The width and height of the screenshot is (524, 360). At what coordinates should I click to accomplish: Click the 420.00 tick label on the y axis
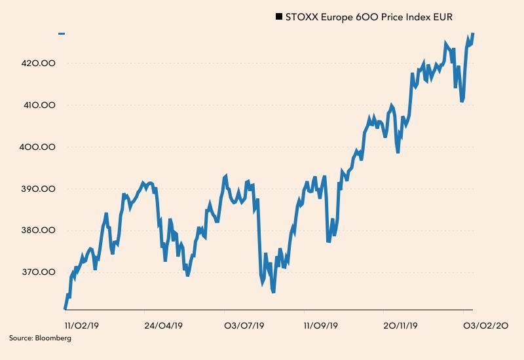[x=38, y=63]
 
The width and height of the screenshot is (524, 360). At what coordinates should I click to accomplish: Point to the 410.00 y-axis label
[x=38, y=105]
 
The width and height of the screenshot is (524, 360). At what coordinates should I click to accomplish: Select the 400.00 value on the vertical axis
[x=38, y=147]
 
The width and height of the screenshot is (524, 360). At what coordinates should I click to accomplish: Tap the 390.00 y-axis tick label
[x=38, y=189]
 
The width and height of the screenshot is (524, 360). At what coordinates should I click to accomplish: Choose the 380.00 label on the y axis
[x=38, y=230]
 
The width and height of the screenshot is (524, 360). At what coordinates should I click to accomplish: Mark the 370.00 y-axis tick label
[x=38, y=272]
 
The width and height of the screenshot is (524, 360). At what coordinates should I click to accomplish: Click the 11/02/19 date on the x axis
[x=82, y=325]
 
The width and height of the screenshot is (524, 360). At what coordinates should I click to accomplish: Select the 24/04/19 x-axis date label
[x=164, y=325]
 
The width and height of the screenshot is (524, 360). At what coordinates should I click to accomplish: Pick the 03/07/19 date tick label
[x=244, y=325]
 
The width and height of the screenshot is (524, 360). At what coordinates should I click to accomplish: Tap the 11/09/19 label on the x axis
[x=321, y=325]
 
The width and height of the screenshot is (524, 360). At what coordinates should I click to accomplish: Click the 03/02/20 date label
[x=486, y=325]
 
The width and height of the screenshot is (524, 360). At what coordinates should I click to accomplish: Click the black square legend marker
[x=279, y=17]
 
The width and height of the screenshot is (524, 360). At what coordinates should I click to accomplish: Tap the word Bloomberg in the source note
[x=54, y=338]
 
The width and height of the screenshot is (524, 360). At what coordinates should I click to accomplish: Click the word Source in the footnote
[x=21, y=338]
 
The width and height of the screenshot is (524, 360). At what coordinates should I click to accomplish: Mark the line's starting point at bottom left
[x=65, y=308]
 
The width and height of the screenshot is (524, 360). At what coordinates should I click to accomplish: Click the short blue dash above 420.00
[x=62, y=33]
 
